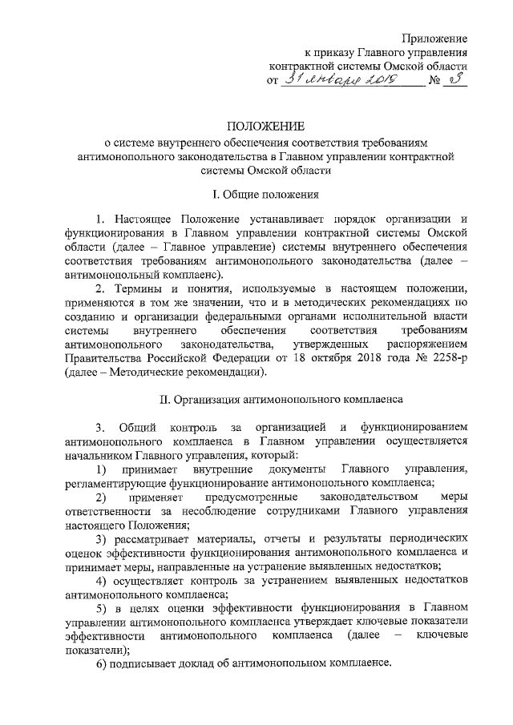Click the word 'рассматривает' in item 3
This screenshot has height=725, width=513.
[x=151, y=541]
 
